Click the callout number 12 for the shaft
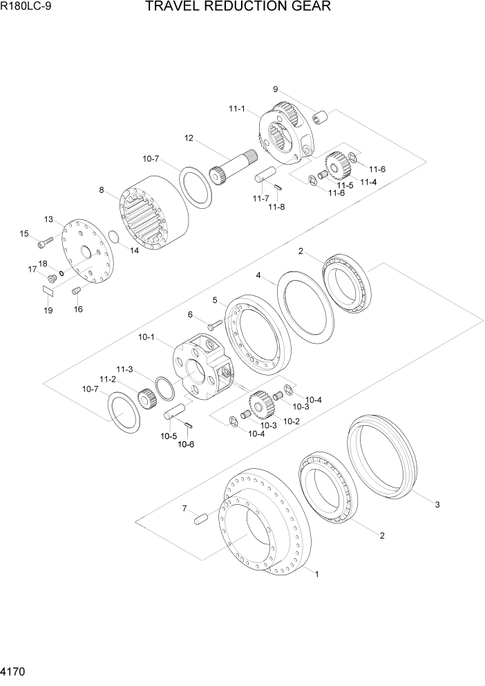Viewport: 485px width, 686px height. click(x=188, y=138)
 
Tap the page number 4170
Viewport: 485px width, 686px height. click(x=14, y=671)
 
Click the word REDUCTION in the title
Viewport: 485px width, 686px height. click(x=228, y=8)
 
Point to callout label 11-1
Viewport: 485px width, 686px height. click(x=237, y=109)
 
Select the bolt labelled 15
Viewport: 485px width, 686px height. click(x=45, y=242)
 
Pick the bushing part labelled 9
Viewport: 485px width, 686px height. click(x=320, y=117)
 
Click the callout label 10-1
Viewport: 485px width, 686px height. click(x=146, y=337)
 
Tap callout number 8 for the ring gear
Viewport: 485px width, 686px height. click(x=102, y=189)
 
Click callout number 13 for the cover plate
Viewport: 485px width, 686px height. click(x=49, y=219)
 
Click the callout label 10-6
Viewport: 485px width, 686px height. click(x=186, y=445)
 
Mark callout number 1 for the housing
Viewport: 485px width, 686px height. click(x=317, y=574)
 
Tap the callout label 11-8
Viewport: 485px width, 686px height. click(x=276, y=207)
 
